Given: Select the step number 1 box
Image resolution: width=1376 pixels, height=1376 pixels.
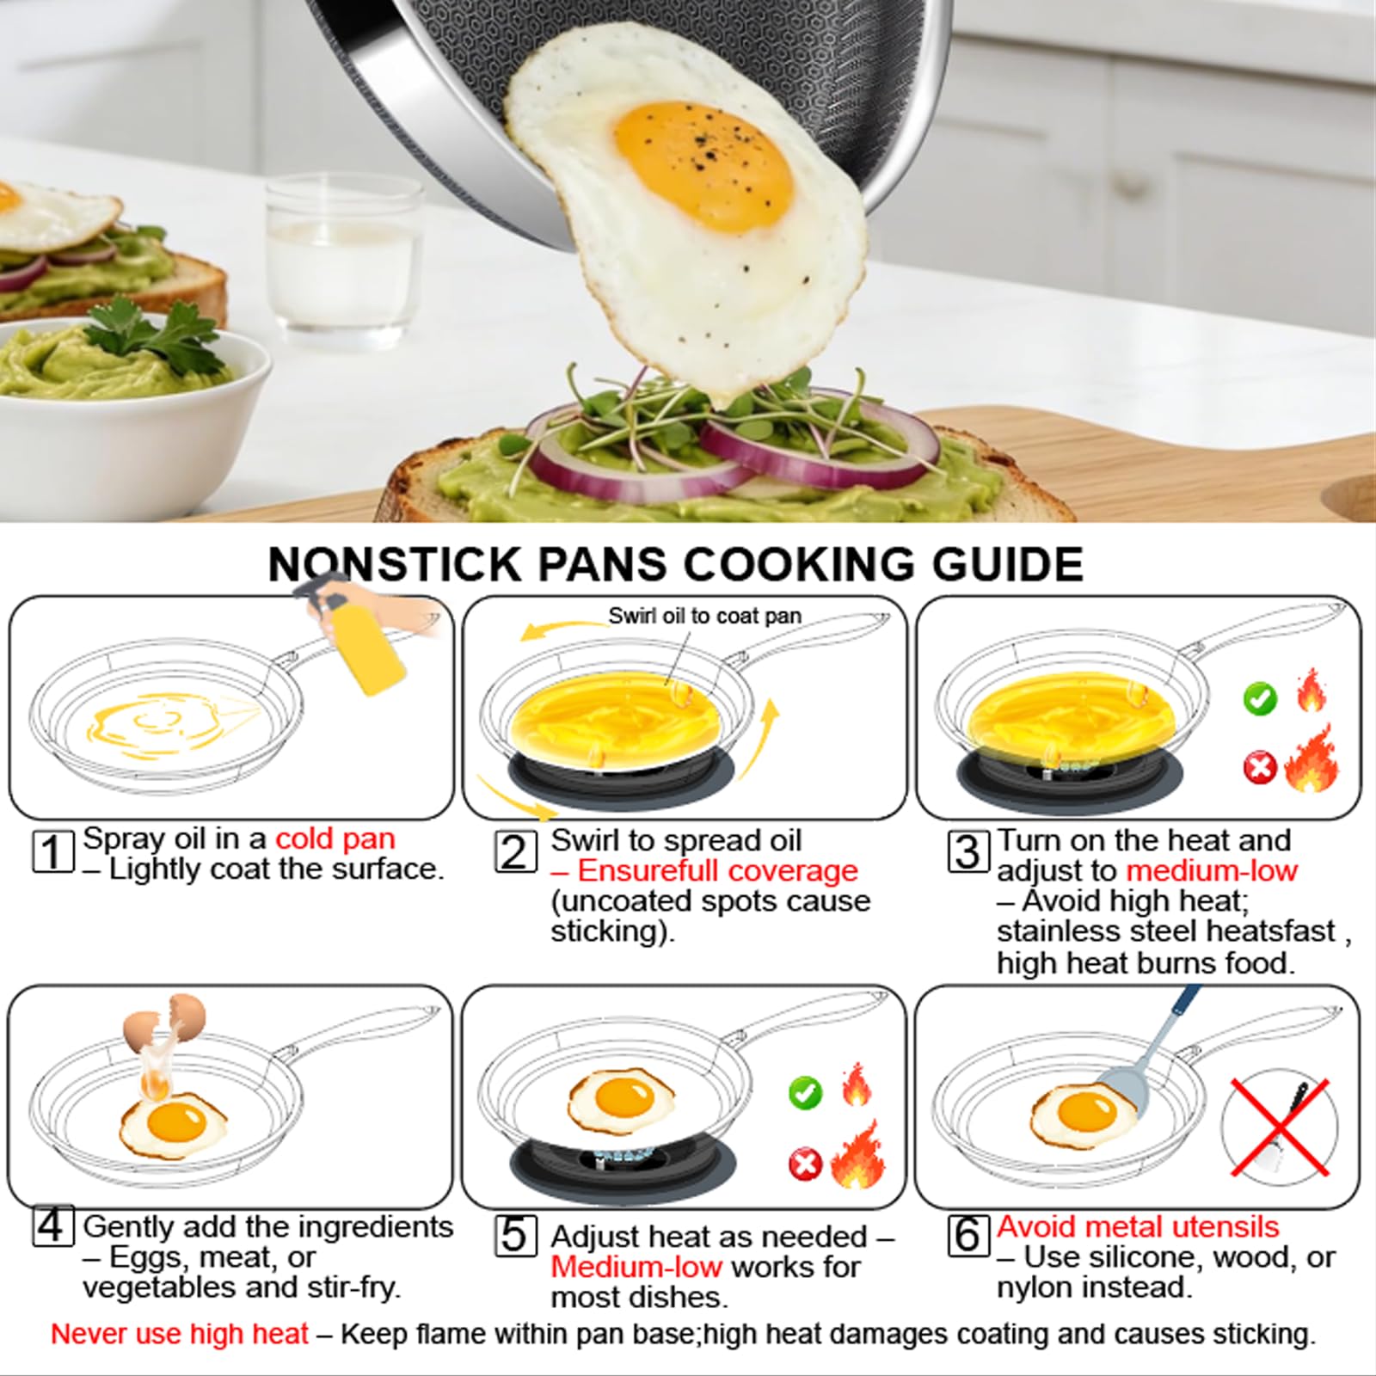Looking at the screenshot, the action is (x=52, y=851).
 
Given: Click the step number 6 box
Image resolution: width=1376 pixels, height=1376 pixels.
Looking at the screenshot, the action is (x=967, y=1235).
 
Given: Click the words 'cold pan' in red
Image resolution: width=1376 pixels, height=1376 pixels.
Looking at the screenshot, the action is (x=335, y=838).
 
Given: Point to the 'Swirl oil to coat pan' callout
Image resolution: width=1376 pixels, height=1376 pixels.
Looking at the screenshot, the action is (x=704, y=616).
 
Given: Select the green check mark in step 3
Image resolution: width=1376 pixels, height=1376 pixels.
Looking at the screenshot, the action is (x=1260, y=698).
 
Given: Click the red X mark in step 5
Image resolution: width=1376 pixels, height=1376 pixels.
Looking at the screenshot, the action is (x=806, y=1164).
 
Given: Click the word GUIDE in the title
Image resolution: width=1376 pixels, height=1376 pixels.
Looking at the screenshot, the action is (x=1007, y=564).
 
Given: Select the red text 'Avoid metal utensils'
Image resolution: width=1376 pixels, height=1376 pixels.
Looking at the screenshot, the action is (x=1138, y=1226).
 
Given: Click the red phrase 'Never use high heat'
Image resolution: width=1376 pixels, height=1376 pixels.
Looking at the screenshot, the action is (x=179, y=1334).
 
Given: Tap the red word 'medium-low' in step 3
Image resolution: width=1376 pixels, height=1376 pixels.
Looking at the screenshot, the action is (x=1212, y=870).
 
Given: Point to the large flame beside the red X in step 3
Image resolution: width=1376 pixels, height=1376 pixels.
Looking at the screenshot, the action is (x=1311, y=759).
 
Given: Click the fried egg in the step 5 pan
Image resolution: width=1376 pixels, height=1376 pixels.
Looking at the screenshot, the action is (x=621, y=1100).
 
